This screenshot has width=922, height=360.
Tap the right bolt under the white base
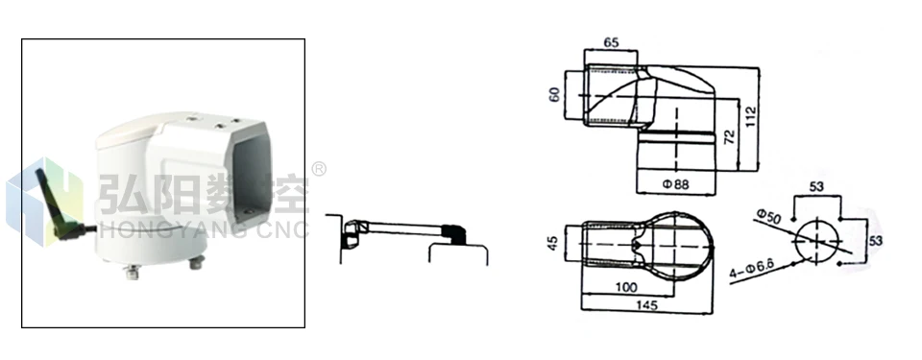198,262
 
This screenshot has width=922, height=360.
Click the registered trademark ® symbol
318,169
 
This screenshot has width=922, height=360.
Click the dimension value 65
611,42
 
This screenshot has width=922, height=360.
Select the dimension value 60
554,95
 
